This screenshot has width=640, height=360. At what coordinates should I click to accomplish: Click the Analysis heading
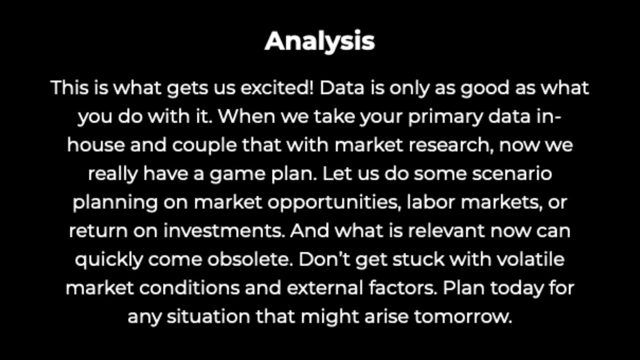pos(319,41)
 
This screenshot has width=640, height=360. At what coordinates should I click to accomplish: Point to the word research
pos(448,146)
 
